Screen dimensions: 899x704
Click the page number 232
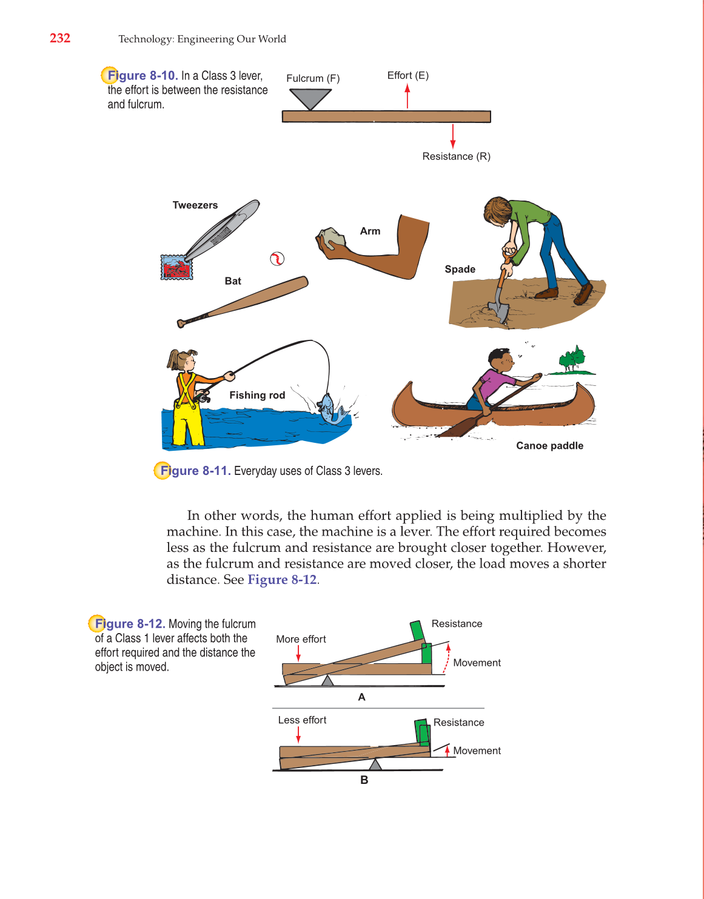tap(60, 38)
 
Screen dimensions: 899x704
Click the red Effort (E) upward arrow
tap(407, 96)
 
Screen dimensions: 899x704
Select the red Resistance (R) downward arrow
tap(453, 136)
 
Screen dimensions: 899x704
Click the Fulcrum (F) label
tap(313, 79)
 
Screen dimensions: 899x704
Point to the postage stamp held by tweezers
tap(176, 267)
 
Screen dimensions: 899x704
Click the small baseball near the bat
tap(277, 259)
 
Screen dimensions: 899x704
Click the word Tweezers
tap(195, 205)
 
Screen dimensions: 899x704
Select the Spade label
tap(460, 270)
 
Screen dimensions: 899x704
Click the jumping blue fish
tap(327, 408)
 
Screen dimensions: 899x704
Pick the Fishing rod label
tap(257, 395)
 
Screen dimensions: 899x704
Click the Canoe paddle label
tap(549, 446)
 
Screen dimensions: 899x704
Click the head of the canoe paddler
tap(501, 360)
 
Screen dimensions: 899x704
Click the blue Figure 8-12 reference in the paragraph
tap(282, 580)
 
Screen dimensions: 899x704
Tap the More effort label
tap(301, 639)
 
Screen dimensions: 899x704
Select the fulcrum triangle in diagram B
tap(375, 765)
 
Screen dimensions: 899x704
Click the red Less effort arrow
tap(298, 735)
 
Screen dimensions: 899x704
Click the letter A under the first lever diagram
tap(361, 697)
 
